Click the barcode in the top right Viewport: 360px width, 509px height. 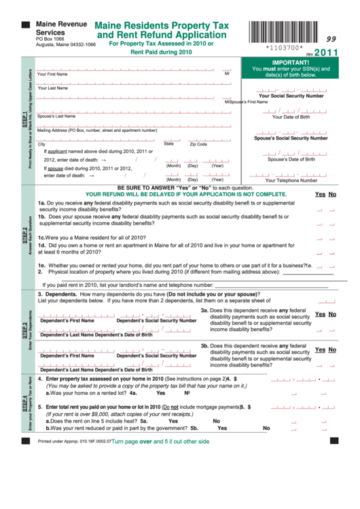(283, 32)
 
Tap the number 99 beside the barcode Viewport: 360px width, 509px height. (331, 39)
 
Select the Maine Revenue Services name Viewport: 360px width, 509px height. (61, 28)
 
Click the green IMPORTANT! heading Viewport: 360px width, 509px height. (291, 62)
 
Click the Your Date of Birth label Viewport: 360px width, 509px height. (291, 117)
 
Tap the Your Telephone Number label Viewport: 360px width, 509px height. (291, 180)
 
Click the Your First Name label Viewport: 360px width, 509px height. (52, 73)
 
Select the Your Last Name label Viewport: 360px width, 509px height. (52, 88)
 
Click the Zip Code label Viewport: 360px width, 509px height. (198, 144)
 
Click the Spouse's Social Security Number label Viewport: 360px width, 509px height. (291, 138)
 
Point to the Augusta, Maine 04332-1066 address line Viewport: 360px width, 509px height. (66, 44)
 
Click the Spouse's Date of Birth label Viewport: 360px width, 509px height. (291, 159)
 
